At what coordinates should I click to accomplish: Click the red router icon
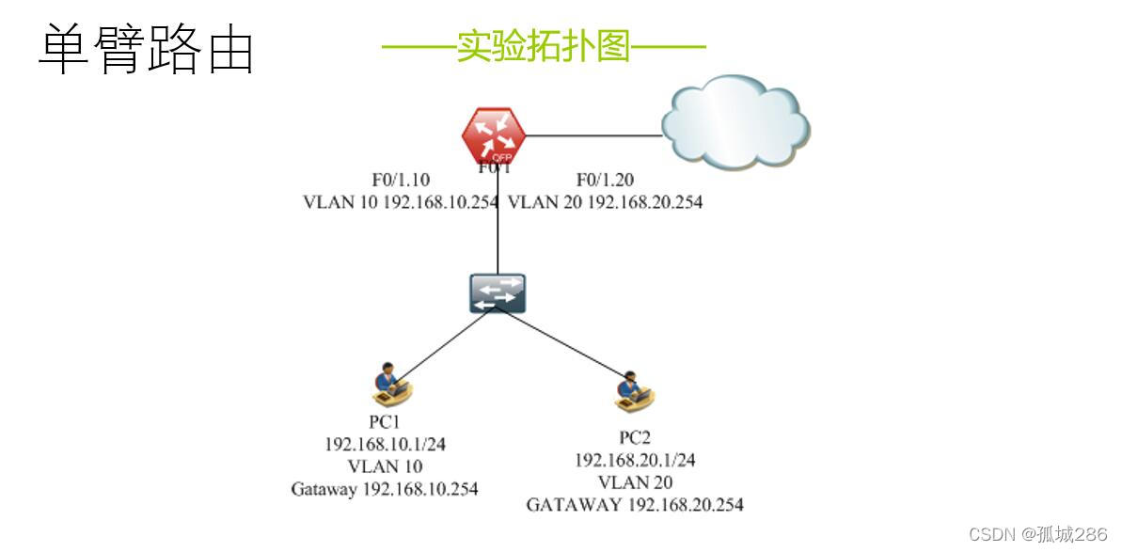coord(494,137)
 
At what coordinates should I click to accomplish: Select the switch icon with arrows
coord(498,293)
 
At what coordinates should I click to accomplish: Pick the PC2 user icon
coord(634,392)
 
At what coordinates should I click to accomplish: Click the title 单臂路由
coord(147,50)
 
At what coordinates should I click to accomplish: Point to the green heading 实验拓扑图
coord(543,45)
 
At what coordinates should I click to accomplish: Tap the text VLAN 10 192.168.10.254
coord(400,201)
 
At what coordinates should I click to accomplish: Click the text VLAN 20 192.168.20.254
coord(605,201)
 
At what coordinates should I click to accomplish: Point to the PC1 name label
coord(384,421)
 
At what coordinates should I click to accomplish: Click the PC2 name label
coord(635,437)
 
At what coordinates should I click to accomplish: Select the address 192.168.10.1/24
coord(385,444)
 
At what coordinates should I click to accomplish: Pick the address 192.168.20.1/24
coord(635,460)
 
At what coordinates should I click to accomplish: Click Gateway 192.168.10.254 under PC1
coord(384,489)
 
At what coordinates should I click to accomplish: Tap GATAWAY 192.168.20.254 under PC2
coord(635,505)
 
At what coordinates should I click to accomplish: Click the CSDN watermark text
coord(1037,534)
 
